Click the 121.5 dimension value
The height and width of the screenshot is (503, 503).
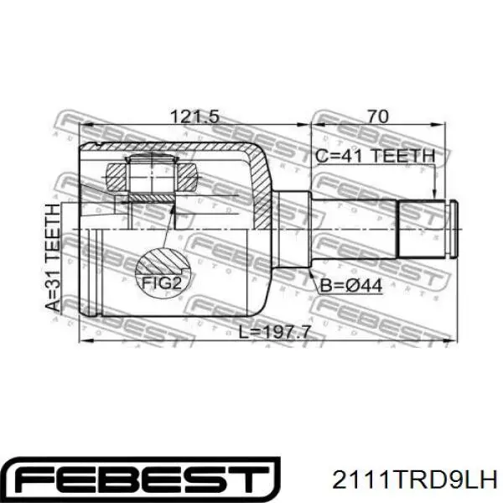point(194,117)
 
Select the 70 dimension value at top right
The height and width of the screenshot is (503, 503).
point(378,117)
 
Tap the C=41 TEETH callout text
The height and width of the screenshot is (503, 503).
point(375,157)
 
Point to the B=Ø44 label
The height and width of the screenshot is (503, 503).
point(351,286)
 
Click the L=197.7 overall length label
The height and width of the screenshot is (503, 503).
point(275,332)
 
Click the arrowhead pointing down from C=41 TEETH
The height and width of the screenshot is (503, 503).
point(434,194)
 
